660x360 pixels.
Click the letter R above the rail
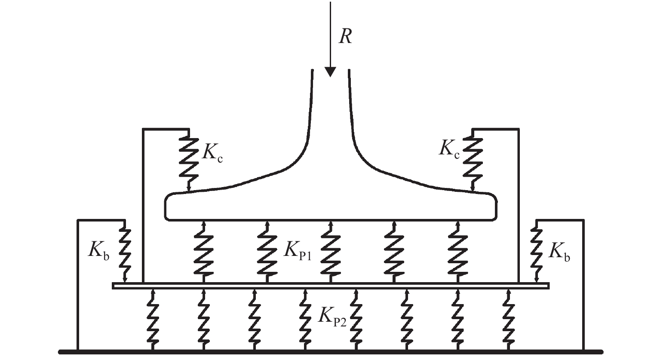pyautogui.click(x=345, y=37)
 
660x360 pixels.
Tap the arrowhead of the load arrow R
pyautogui.click(x=330, y=71)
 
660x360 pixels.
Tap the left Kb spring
pyautogui.click(x=125, y=252)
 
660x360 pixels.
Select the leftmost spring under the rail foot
pyautogui.click(x=204, y=252)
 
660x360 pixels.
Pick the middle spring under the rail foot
pyautogui.click(x=330, y=252)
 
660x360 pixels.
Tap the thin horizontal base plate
pyautogui.click(x=330, y=286)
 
